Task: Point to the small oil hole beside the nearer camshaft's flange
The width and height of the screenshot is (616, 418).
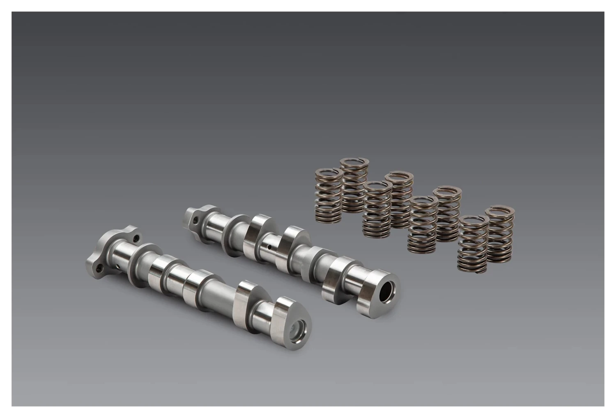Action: coord(119,267)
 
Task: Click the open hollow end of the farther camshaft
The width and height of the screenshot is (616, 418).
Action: coord(387,290)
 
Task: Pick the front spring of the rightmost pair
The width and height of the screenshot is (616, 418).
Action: coord(473,244)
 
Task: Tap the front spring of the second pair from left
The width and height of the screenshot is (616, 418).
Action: coord(377,209)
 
